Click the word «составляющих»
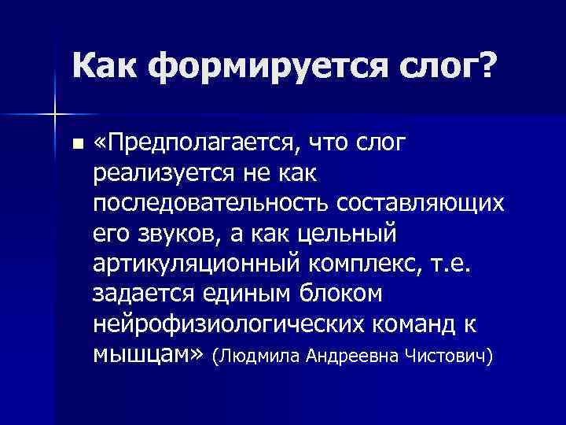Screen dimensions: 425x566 coord(420,203)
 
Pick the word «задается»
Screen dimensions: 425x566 coord(145,294)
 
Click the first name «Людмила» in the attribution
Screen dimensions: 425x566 coord(257,357)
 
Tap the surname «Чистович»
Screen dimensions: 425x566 coord(447,357)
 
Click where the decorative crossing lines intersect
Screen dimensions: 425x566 coord(53,115)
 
